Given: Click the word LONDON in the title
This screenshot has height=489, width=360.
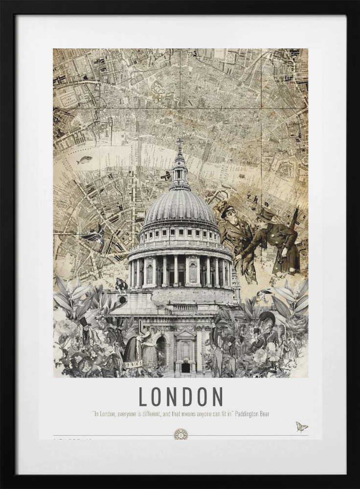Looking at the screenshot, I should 180,397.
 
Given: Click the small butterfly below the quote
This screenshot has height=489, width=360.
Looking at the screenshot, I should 301,427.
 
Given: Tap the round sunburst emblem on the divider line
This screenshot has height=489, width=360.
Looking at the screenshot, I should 180,434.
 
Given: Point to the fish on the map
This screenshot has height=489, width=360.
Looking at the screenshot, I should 85,159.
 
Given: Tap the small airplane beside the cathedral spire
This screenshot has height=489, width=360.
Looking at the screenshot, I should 166,175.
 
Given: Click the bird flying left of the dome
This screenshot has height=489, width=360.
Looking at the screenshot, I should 95,235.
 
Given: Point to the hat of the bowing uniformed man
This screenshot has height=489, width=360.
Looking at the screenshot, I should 267,215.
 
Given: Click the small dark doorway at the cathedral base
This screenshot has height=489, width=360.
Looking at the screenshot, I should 185,367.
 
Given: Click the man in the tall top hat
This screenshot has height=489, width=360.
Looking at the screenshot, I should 86,333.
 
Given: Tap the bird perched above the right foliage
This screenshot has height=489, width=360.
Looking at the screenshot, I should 263,295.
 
